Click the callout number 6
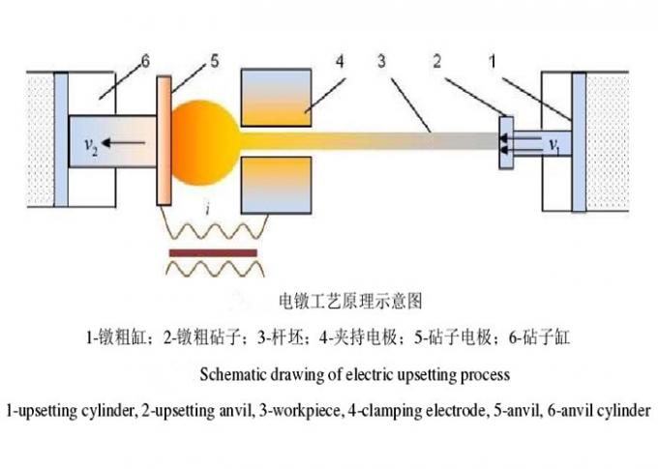tap(143, 62)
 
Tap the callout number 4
tap(340, 62)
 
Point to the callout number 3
tap(383, 62)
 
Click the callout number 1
tap(493, 62)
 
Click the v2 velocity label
tap(88, 145)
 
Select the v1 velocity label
tap(554, 145)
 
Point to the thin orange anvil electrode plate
tap(164, 141)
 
